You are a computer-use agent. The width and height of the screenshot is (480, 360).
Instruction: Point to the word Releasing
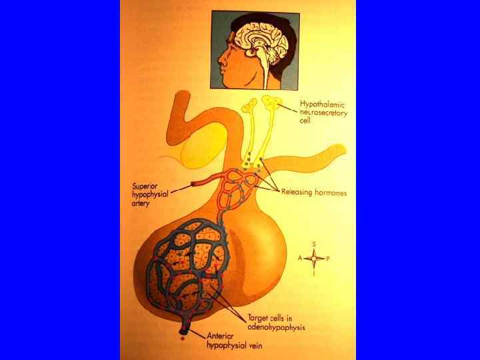coord(297,193)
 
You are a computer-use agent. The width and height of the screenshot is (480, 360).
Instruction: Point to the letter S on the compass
coord(313,245)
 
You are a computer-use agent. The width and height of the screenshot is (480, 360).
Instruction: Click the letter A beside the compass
coord(300,258)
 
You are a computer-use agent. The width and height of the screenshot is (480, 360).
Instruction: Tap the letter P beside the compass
coord(328,258)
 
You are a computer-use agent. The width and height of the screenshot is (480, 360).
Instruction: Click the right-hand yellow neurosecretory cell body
coord(271,102)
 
